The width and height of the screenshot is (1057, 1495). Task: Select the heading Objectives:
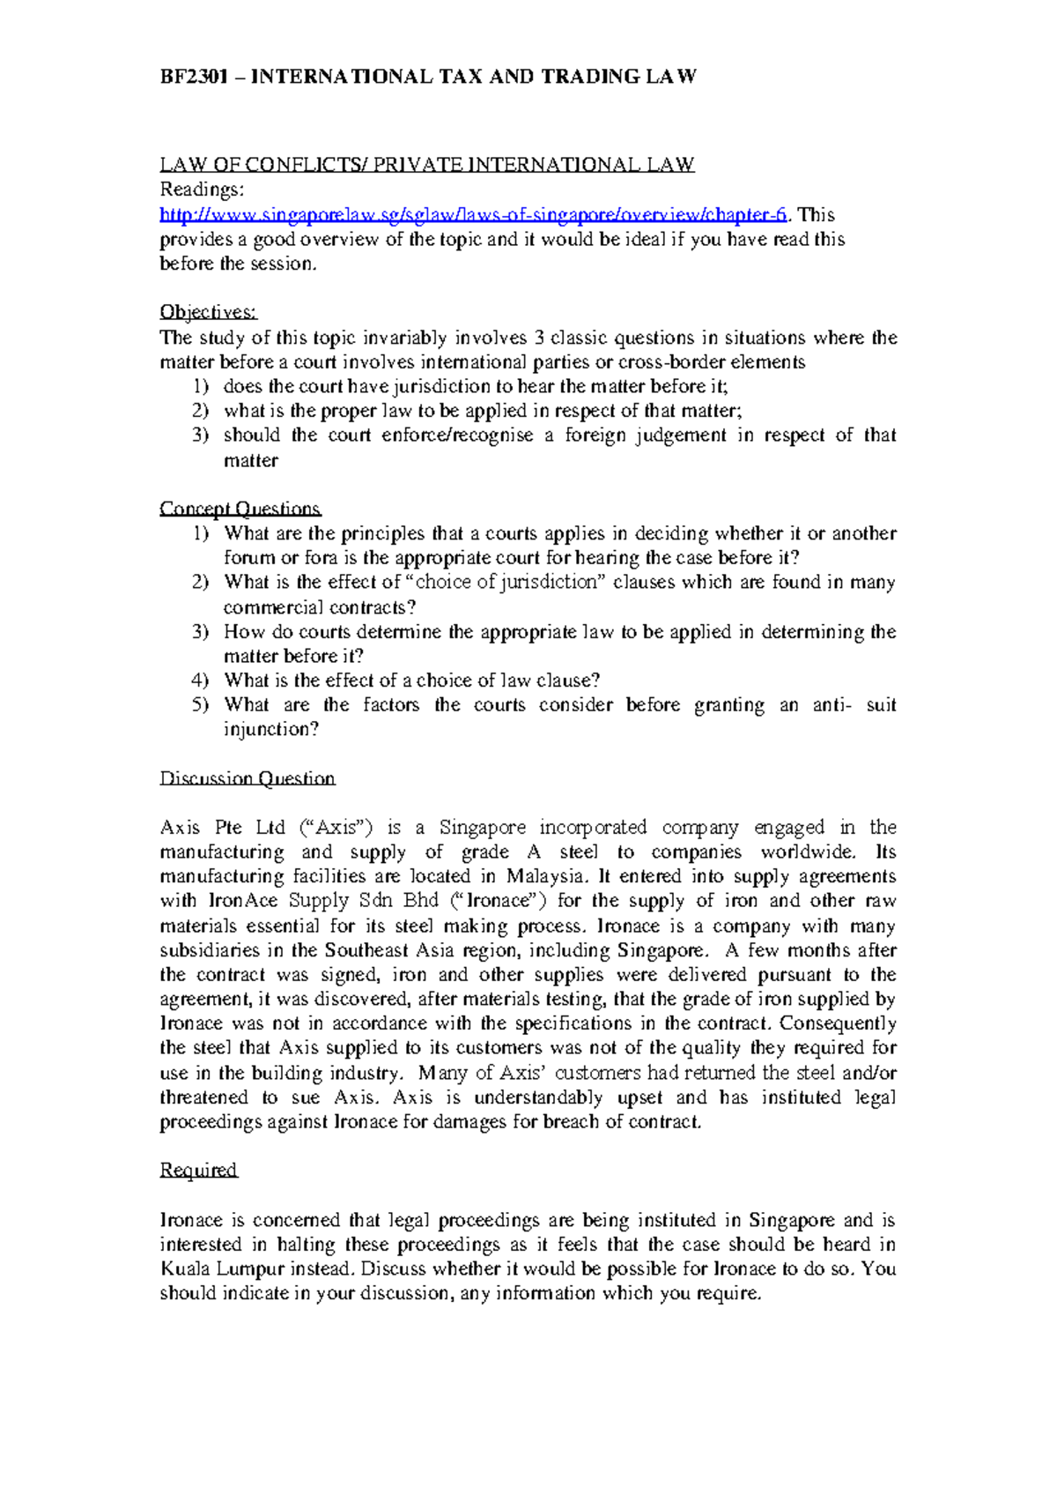click(209, 312)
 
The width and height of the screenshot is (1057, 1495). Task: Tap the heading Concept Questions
click(240, 509)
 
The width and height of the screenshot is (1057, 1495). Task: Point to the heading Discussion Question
click(248, 778)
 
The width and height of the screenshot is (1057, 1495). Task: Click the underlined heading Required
click(199, 1170)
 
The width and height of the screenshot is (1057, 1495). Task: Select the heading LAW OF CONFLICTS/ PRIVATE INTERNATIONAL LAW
click(427, 165)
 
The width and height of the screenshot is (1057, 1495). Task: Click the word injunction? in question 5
click(271, 729)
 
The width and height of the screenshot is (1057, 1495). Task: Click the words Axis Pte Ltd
click(223, 827)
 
